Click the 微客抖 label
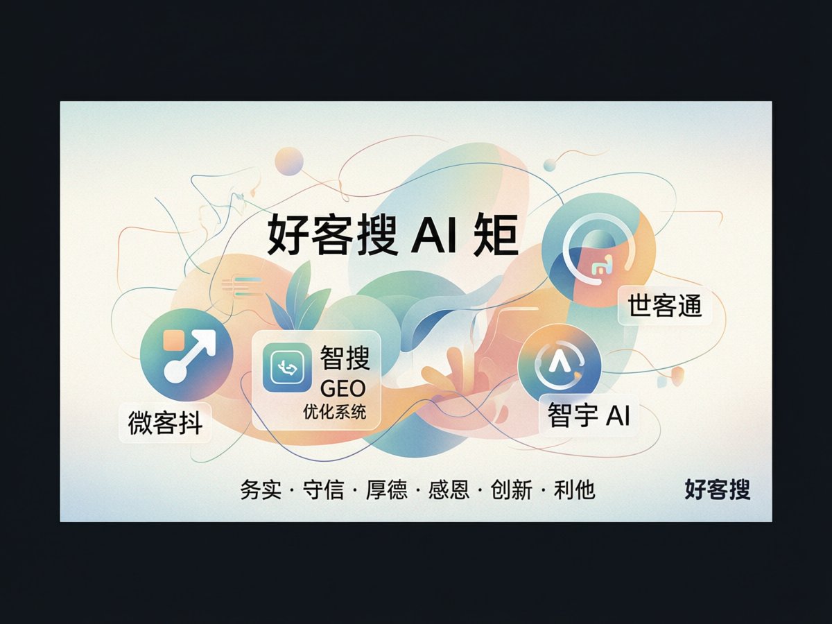pos(165,423)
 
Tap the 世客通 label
pos(665,305)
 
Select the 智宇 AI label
pos(589,415)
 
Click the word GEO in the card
pos(343,388)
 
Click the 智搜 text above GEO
pos(345,358)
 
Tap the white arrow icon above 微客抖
pos(189,356)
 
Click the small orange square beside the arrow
pos(173,340)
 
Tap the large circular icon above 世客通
pos(598,250)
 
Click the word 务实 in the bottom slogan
pos(261,490)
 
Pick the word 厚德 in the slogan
pos(387,490)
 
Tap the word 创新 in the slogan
pos(512,490)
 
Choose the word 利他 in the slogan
pos(574,490)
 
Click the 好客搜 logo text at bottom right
pos(718,490)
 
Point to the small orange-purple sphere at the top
pos(289,162)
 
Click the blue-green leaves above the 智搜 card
pos(297,295)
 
